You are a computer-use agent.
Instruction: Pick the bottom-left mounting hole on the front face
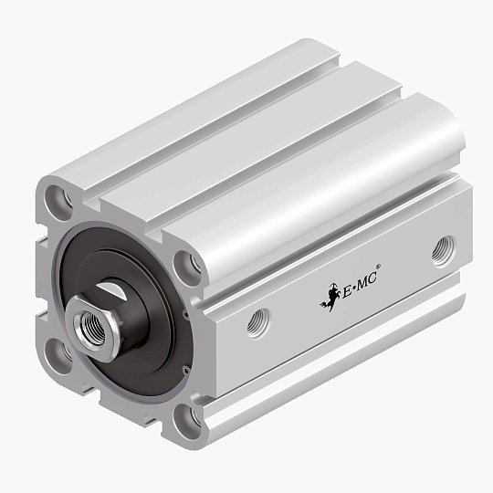click(x=57, y=351)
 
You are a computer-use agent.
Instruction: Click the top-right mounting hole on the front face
click(x=190, y=266)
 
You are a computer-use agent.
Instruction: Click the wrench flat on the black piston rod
click(x=139, y=294)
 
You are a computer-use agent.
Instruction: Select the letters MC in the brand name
click(x=365, y=279)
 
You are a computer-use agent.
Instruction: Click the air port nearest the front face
click(x=258, y=321)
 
